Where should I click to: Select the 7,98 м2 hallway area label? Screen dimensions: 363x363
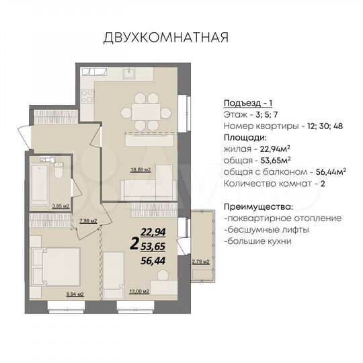click(88, 220)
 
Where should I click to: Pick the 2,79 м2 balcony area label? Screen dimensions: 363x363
click(201, 261)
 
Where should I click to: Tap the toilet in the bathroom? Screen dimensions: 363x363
click(59, 171)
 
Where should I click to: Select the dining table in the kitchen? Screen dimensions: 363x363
click(145, 110)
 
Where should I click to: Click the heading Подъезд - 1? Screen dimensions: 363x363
click(247, 103)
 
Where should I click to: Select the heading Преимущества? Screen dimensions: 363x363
click(259, 206)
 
